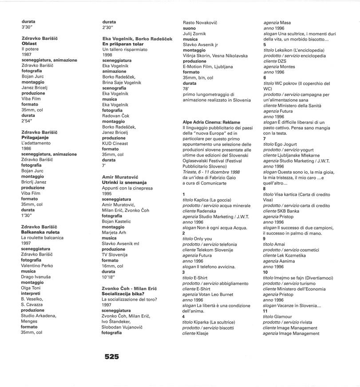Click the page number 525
[112, 356]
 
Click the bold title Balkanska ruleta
[40, 232]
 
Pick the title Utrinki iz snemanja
[124, 182]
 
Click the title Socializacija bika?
[127, 293]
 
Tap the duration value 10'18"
[109, 276]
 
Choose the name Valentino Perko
[37, 265]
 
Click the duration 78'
[186, 89]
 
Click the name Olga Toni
[32, 288]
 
